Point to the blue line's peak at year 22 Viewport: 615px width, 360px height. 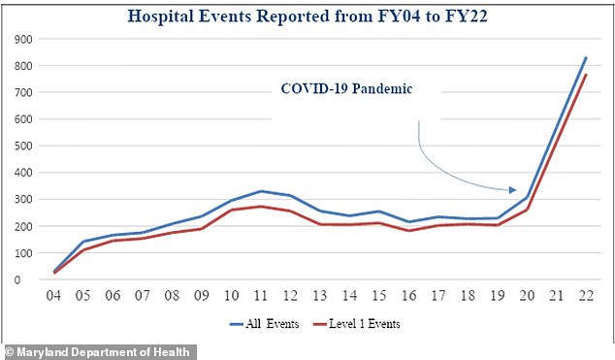[585, 57]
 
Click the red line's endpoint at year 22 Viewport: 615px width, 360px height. [585, 75]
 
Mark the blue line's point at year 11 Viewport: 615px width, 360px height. [262, 191]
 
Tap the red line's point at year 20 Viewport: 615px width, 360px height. [526, 210]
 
